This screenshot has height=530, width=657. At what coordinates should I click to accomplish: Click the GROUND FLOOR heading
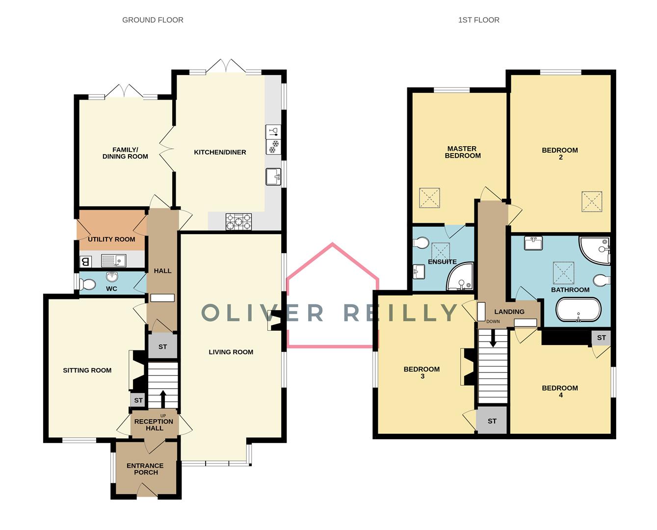pyautogui.click(x=153, y=20)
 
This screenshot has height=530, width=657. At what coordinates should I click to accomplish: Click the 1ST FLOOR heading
pyautogui.click(x=478, y=20)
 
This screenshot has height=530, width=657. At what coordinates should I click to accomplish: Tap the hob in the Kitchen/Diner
pyautogui.click(x=238, y=222)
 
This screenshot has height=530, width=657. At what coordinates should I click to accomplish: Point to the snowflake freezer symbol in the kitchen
pyautogui.click(x=273, y=146)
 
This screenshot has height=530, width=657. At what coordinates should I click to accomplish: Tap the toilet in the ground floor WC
pyautogui.click(x=88, y=284)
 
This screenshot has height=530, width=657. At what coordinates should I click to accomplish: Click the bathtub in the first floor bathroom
pyautogui.click(x=578, y=310)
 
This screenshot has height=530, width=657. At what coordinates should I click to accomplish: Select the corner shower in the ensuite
pyautogui.click(x=460, y=278)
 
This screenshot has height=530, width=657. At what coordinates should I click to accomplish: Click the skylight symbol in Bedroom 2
pyautogui.click(x=591, y=202)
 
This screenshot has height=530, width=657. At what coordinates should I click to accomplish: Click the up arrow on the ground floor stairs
pyautogui.click(x=163, y=397)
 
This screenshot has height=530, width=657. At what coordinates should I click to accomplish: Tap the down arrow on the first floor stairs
pyautogui.click(x=492, y=339)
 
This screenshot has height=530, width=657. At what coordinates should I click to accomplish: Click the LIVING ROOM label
pyautogui.click(x=231, y=352)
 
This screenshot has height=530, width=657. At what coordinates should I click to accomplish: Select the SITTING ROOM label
pyautogui.click(x=87, y=371)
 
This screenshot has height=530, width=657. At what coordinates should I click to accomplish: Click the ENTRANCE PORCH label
pyautogui.click(x=145, y=469)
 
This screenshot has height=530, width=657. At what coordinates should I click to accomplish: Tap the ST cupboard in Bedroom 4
pyautogui.click(x=601, y=338)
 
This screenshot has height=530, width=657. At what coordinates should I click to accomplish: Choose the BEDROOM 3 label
pyautogui.click(x=421, y=372)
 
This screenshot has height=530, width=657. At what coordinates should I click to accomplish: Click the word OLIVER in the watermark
pyautogui.click(x=262, y=313)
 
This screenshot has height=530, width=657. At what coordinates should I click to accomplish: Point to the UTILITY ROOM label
pyautogui.click(x=111, y=239)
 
